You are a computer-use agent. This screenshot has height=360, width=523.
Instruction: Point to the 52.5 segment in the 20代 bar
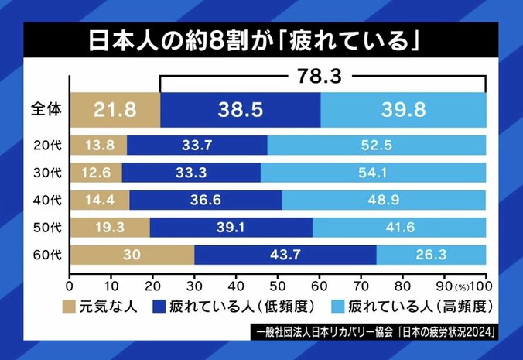(x=378, y=146)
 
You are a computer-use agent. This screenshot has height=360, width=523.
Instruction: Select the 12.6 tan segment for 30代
(x=96, y=172)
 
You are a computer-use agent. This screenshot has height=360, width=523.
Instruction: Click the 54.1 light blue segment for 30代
(x=374, y=172)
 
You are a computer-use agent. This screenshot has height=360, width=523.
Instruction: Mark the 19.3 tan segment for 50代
(x=110, y=226)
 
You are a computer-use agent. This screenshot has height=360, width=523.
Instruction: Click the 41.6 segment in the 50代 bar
(x=399, y=226)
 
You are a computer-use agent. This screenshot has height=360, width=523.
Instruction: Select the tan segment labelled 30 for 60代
(x=132, y=255)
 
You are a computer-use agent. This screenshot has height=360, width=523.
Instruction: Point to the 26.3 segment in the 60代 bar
(x=431, y=255)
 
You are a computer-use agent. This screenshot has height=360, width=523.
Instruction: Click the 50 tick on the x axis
(x=278, y=278)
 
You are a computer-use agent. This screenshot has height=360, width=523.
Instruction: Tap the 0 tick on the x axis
(x=70, y=278)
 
